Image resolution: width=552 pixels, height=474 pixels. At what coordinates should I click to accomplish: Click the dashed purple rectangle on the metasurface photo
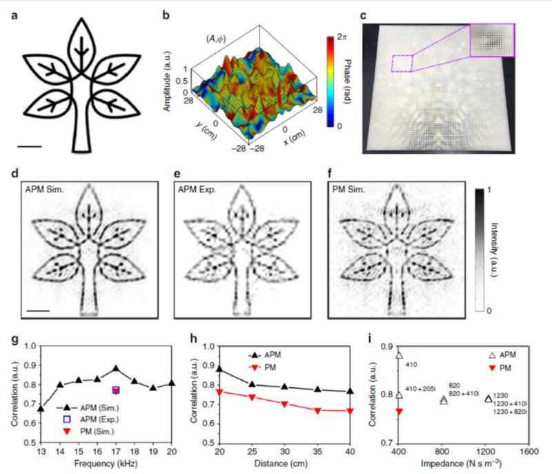click(x=402, y=63)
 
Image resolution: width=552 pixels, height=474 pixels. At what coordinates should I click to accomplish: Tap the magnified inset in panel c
click(x=491, y=40)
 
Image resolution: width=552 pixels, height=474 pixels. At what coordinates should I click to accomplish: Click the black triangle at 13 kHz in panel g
click(x=40, y=408)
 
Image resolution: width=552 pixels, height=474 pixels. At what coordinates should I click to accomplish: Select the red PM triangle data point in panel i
click(x=399, y=411)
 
